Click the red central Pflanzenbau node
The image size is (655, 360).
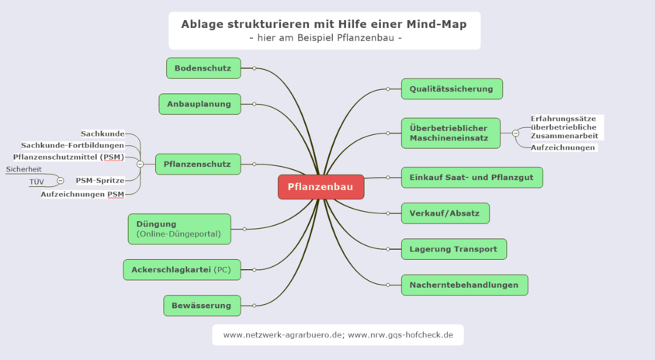coord(321,187)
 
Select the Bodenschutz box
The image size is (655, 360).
coord(203,68)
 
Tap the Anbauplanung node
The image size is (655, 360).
coord(199,103)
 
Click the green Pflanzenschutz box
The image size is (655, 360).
coord(198,164)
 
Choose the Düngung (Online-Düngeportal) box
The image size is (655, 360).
coord(178,229)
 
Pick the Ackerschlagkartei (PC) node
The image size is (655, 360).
coord(181,269)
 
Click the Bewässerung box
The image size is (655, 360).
coord(202,306)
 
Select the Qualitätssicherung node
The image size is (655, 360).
coord(452,88)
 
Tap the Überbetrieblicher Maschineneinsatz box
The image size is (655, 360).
coord(452,133)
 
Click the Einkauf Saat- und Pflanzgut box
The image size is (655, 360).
coord(471,178)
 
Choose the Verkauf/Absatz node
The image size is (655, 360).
coord(445,213)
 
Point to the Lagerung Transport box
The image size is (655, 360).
coord(453,249)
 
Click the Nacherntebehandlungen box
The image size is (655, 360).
coord(464,285)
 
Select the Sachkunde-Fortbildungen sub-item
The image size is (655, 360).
coord(72,145)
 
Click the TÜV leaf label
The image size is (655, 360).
coord(36,182)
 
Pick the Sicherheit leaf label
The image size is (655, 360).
coord(23,169)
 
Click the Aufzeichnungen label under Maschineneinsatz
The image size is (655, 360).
coord(563,147)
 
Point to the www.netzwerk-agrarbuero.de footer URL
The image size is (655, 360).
coord(282,335)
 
